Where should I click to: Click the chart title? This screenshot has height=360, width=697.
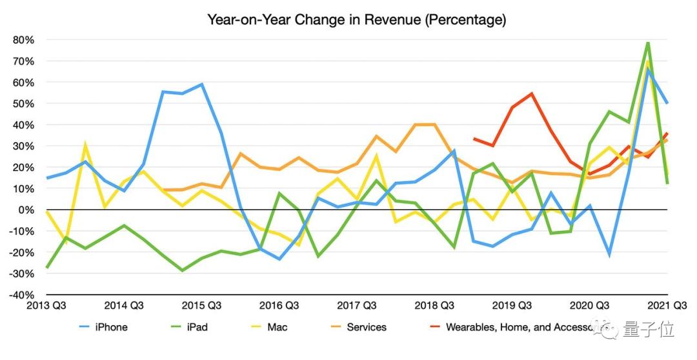point(356,19)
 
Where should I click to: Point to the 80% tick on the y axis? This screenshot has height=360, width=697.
point(23,40)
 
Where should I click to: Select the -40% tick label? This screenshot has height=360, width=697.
point(22,295)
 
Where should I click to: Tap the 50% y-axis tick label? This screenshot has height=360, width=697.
point(23,103)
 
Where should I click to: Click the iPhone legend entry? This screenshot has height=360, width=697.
point(111,327)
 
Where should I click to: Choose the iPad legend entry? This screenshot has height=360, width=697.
point(197,327)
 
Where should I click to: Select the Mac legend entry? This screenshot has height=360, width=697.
point(277,327)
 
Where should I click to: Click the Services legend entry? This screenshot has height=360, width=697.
point(366,327)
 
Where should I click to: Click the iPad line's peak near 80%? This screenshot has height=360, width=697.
point(648,43)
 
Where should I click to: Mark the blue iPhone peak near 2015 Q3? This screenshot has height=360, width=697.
point(202,84)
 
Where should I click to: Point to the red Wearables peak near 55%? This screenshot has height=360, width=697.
point(531,94)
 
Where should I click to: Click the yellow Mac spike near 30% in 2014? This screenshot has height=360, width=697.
point(85,145)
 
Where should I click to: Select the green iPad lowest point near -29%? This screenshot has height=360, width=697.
point(183,270)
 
